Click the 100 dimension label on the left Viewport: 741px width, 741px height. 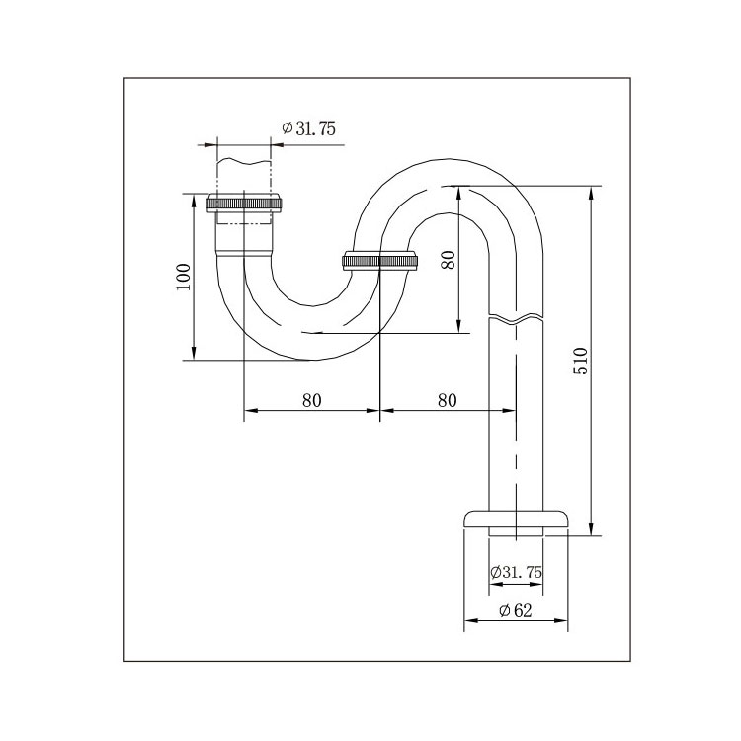[183, 278]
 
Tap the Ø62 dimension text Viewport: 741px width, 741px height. [515, 610]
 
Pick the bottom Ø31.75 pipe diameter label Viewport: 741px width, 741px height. [517, 572]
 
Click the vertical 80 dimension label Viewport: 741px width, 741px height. [448, 259]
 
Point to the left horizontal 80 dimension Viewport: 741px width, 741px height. [311, 400]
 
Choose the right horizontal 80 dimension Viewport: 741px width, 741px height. [447, 400]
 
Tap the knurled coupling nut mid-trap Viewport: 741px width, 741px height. [380, 262]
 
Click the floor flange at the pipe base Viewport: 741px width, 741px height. [516, 521]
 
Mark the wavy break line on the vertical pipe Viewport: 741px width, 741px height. [516, 319]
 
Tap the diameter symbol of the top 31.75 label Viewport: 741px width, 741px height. [287, 129]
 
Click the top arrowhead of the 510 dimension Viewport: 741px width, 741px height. [590, 190]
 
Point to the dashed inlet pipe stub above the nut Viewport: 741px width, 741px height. [243, 174]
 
